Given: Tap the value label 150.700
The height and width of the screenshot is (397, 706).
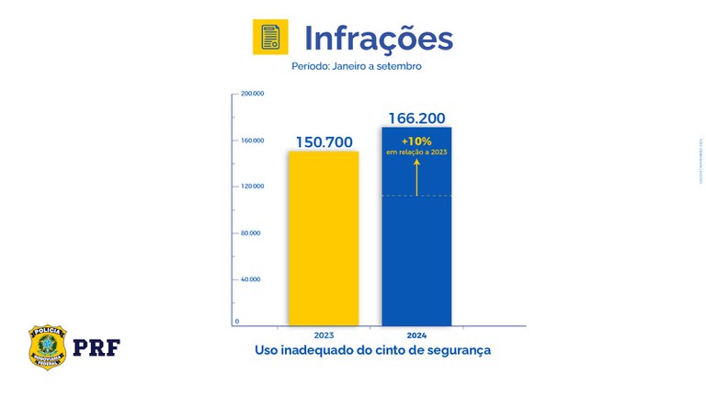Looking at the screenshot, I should tap(325, 142).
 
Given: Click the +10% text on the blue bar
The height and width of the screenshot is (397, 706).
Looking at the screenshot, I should tap(416, 141).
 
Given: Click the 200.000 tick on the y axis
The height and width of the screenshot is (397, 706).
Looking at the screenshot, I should tap(253, 94).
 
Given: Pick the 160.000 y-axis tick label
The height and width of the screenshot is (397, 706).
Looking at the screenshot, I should tap(253, 141).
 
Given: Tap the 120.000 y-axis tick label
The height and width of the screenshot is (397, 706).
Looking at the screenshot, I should tap(253, 187).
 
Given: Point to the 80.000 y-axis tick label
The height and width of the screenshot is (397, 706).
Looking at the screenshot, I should tap(250, 233).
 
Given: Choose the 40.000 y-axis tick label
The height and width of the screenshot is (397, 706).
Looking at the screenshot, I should tap(250, 278).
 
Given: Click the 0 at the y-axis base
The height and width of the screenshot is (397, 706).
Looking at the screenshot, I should tap(237, 321).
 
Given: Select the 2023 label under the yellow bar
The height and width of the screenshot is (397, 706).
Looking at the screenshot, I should tap(324, 335).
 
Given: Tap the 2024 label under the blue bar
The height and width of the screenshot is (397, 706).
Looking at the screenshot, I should tap(416, 335).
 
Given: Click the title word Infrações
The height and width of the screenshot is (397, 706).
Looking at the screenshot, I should tap(378, 39).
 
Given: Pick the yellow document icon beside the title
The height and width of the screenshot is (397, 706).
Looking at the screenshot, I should tap(270, 38).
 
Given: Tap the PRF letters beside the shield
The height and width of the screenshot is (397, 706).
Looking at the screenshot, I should tap(97, 347).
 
